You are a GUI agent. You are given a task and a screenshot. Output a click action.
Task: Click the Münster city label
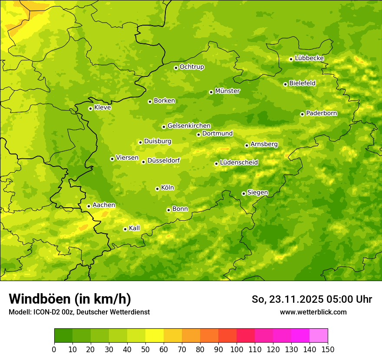coord(227,91)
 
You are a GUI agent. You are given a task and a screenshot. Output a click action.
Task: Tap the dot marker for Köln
coord(157,189)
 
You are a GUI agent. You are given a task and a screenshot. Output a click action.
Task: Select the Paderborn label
coord(321,113)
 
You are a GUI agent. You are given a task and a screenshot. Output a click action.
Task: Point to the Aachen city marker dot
coord(89,206)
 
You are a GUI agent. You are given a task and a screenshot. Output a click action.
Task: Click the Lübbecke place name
coord(309,58)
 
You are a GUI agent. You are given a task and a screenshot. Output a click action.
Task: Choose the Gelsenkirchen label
coord(189,126)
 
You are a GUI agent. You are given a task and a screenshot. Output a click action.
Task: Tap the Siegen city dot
coord(244,193)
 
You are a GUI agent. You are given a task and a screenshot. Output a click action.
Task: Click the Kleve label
coord(102,108)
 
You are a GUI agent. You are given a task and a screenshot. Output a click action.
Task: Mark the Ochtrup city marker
coord(176,68)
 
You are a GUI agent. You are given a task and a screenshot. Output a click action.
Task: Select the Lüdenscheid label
coord(239,163)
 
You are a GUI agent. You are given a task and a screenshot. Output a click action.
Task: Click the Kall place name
coord(134,228)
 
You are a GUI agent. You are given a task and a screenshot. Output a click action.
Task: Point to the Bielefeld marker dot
coord(285,84)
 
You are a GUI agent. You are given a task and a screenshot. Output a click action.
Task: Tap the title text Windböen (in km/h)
coord(70,299)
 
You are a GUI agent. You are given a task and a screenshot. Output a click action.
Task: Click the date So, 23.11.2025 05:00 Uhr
coord(312,299)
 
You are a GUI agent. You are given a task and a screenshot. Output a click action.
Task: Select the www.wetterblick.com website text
coord(313,312)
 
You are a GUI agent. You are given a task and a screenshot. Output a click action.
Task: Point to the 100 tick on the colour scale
coord(237,349)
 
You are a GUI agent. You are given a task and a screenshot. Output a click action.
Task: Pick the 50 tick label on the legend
coord(145,349)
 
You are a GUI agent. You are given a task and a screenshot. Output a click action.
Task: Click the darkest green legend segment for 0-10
coord(63,335)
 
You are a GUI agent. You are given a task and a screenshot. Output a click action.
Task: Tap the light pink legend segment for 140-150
coord(319,335)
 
